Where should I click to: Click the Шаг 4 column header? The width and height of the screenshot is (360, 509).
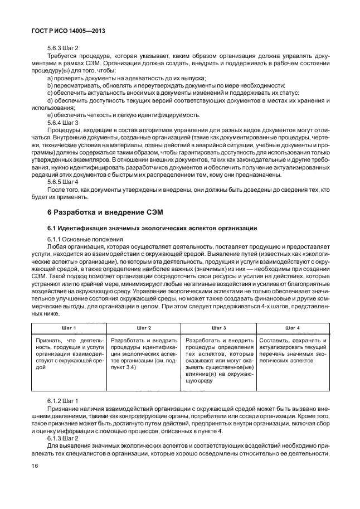click(x=291, y=328)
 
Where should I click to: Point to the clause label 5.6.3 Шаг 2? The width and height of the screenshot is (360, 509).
click(x=62, y=49)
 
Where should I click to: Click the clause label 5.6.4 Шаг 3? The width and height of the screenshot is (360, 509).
click(x=62, y=122)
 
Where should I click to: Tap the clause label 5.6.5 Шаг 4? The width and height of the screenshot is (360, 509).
click(x=62, y=181)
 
